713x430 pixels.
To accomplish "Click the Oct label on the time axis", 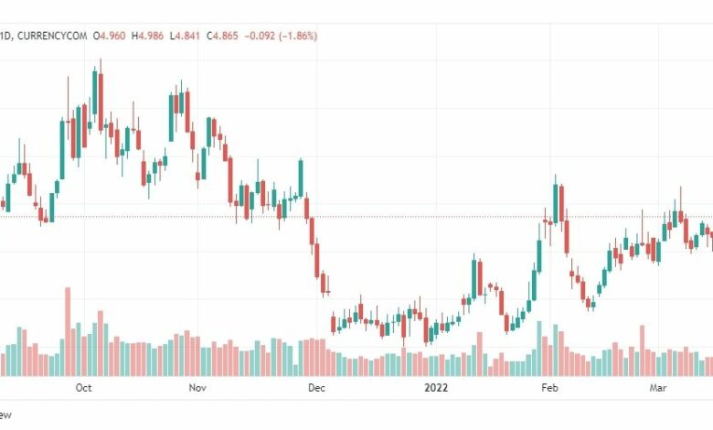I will tap(83, 388).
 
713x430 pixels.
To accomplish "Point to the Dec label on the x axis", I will tap(316, 388).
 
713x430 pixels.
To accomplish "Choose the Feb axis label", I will tap(549, 388).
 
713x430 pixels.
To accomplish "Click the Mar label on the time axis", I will tap(657, 388).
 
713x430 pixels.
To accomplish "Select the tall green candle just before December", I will tap(300, 178).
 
